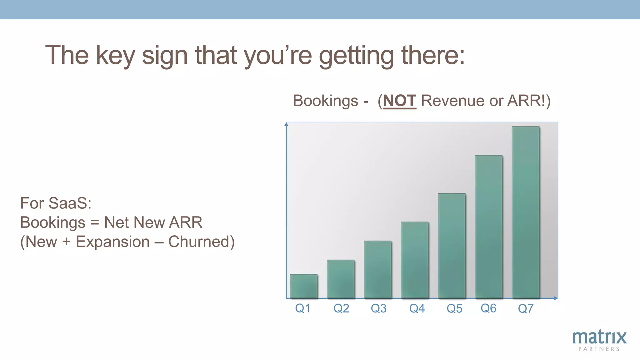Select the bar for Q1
coord(304,286)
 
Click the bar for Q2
coord(341,279)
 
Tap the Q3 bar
coord(377,269)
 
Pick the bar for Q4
coord(415,260)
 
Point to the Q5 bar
coord(452,246)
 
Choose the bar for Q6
coord(489,227)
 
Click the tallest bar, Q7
coord(526,212)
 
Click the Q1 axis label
coord(302,308)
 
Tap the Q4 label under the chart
coord(417,308)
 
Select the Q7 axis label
coord(526,308)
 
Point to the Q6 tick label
coord(488,308)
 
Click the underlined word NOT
coord(399,101)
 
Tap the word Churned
coord(201,242)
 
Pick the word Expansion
coord(113,242)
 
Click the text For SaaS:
coord(56,203)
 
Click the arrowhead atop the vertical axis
coord(286,124)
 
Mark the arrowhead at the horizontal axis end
coord(556,298)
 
